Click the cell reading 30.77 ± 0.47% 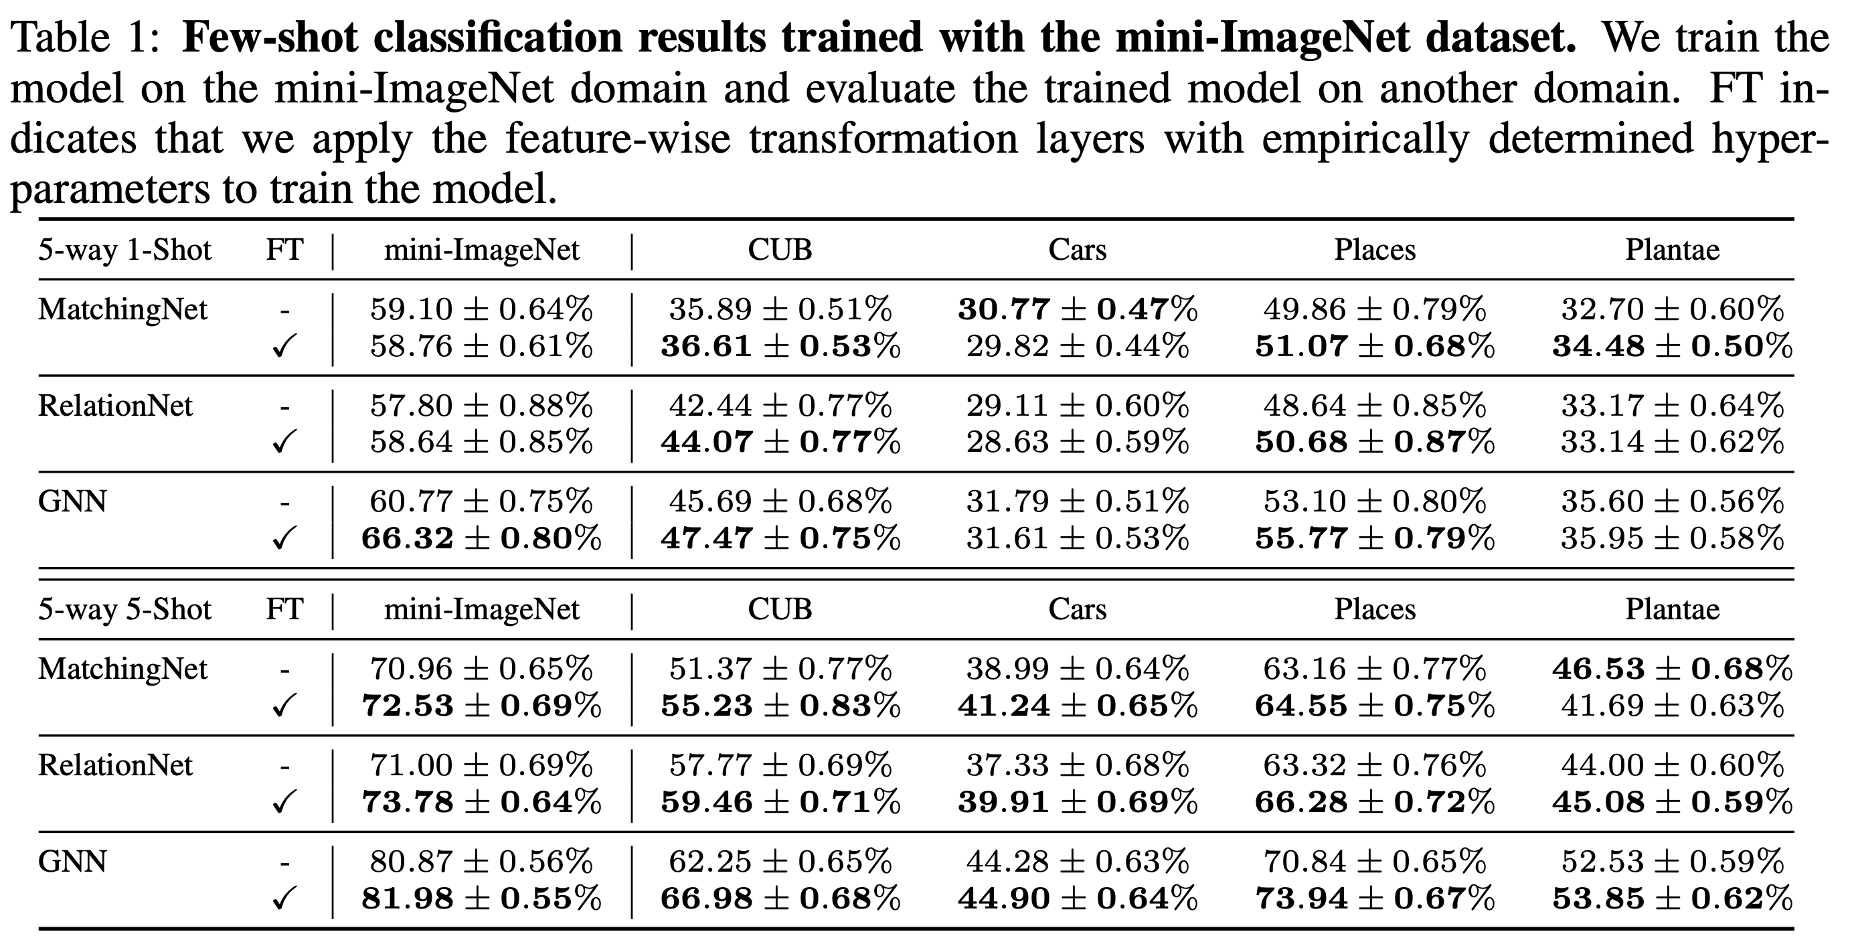[1077, 309]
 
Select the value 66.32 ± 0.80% [481, 538]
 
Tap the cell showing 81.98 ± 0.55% [481, 898]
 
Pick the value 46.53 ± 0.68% [1672, 669]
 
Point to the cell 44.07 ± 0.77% [780, 441]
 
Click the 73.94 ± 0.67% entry [1375, 898]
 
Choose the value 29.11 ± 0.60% [1077, 406]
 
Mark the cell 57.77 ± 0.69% [780, 765]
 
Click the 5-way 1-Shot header [124, 250]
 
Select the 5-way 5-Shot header [124, 609]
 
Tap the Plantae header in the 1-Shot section [1672, 250]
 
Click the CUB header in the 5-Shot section [780, 609]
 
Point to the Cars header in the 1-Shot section [1077, 250]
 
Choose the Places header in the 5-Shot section [1375, 609]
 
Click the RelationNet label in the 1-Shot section [115, 406]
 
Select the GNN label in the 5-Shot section [72, 861]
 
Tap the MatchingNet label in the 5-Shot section [122, 669]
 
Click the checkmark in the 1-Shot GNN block [284, 538]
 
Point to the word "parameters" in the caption [108, 189]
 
